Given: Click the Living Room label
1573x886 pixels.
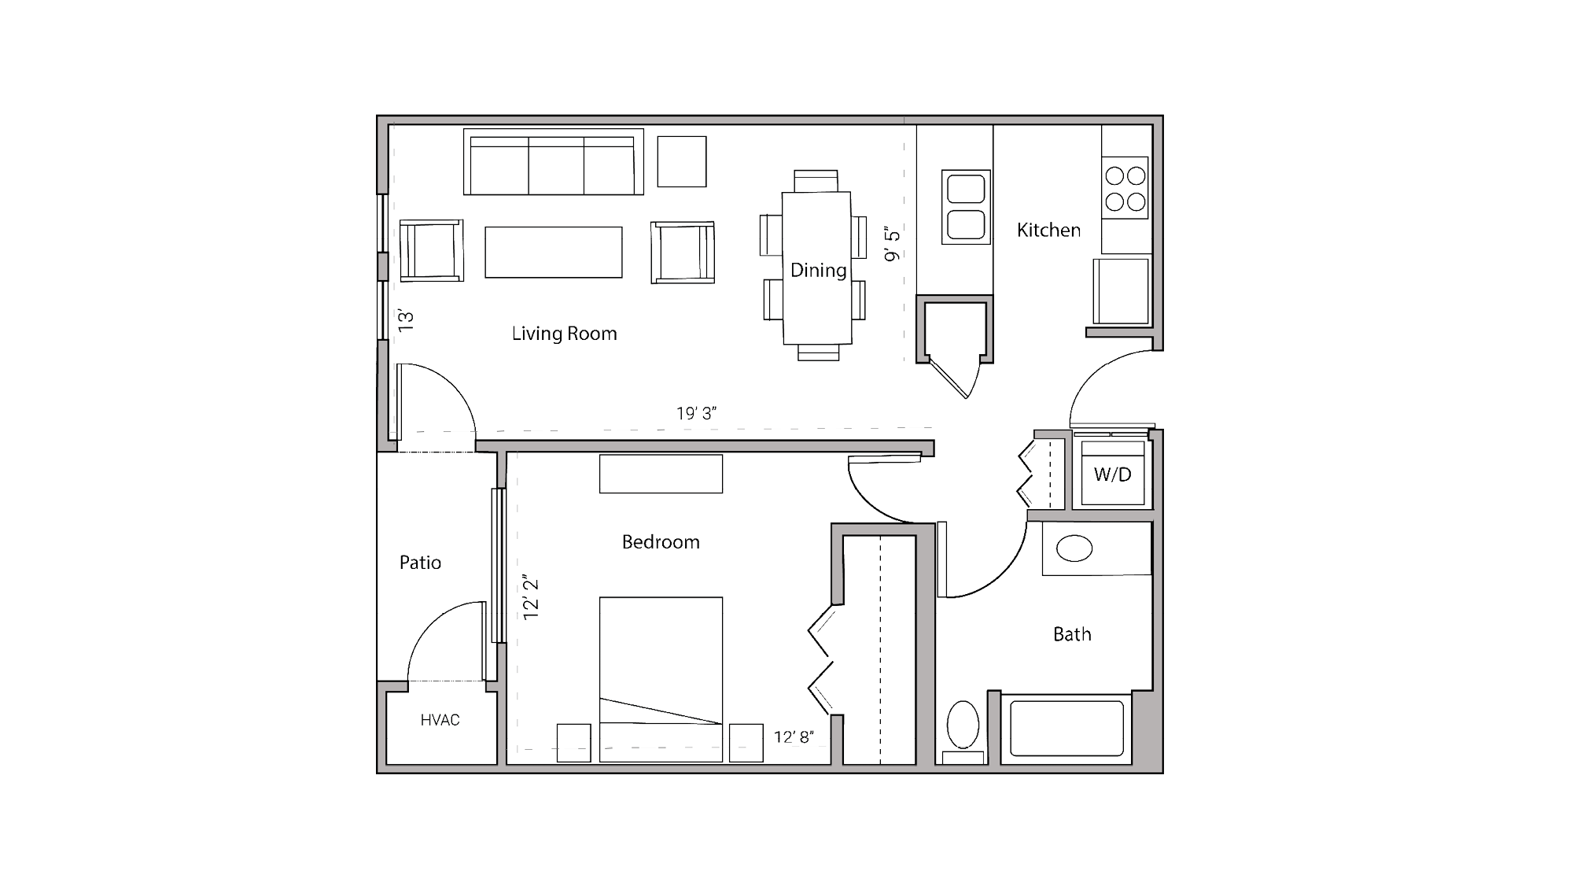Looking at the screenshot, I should click(564, 334).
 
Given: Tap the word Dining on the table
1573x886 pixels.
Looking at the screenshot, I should click(818, 270).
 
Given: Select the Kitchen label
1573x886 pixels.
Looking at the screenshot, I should click(1048, 230).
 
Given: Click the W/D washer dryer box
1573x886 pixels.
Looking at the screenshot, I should click(1112, 474).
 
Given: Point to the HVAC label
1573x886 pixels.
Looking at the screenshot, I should click(440, 720).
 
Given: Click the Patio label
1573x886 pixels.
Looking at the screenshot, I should click(420, 563).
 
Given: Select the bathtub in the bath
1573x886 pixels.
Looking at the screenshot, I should click(1066, 729).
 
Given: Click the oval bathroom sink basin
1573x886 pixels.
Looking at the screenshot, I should click(1074, 548).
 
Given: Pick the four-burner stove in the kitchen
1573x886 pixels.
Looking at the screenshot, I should click(1125, 189).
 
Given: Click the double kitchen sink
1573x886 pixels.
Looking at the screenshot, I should click(966, 207).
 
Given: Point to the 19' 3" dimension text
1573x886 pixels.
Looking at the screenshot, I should click(696, 414).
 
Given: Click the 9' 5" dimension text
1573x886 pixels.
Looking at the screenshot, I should click(892, 245).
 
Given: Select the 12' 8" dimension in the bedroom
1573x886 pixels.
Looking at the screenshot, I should click(794, 737).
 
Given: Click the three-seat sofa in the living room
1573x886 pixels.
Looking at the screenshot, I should click(553, 163).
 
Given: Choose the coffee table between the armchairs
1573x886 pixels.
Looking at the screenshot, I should click(553, 252).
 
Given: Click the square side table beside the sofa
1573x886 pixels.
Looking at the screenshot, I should click(681, 161).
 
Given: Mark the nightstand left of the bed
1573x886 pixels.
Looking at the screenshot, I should click(573, 743).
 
